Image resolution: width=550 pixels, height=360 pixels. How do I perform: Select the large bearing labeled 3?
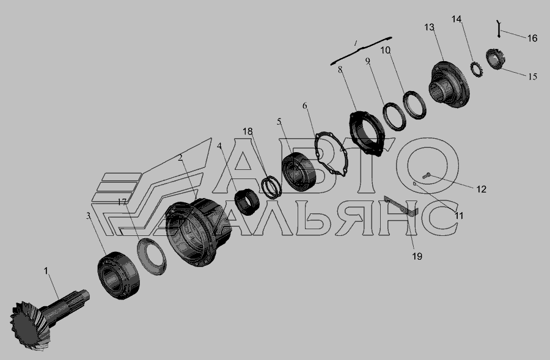pos(119,275)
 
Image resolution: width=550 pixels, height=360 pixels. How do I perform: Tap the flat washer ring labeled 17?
pos(152,256)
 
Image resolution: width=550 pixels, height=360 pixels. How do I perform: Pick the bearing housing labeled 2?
pos(198,232)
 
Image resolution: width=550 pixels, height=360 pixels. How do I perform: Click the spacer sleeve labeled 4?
pos(247,202)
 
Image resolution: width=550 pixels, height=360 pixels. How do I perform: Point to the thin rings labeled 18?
pos(272,186)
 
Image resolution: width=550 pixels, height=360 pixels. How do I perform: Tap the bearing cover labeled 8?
pos(367,133)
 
